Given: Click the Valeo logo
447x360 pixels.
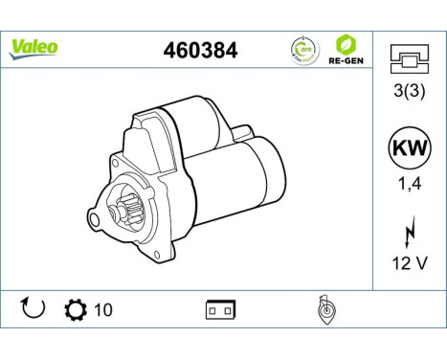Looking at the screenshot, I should coord(34,47).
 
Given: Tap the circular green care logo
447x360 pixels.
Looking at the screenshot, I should coord(302,49).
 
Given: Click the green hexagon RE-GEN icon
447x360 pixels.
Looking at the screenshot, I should coord(346,43).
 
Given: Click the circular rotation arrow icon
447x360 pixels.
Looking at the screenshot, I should coord(33,309).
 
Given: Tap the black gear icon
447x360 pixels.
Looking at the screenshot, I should coord(73,310).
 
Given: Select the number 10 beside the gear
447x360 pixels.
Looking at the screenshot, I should coord(101,310).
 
